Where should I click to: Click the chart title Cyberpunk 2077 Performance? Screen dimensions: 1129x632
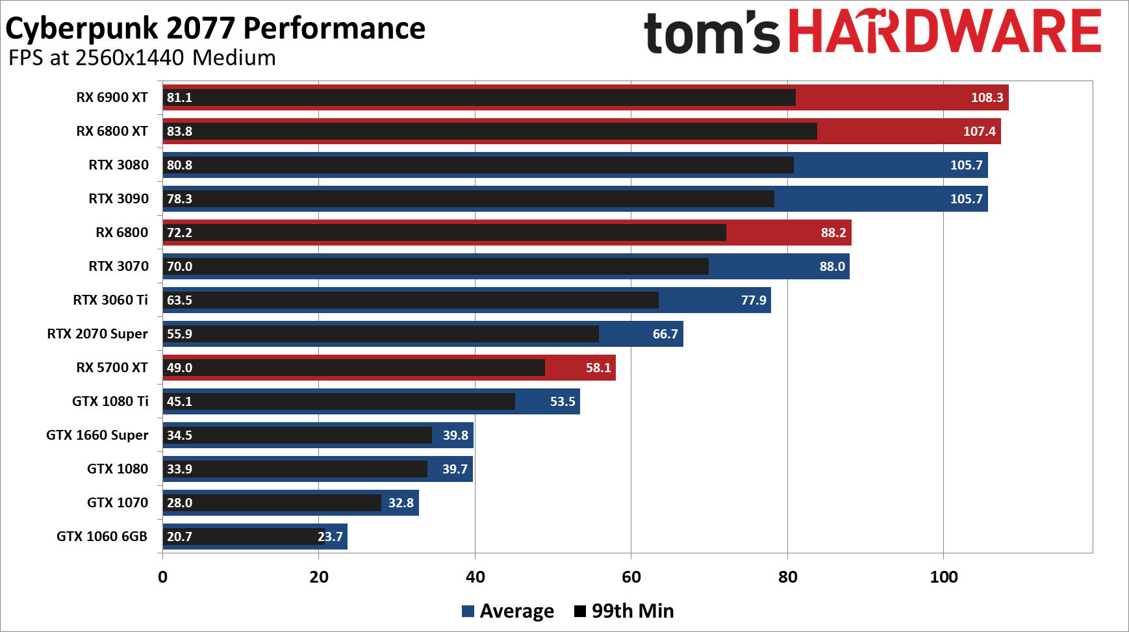pyautogui.click(x=215, y=29)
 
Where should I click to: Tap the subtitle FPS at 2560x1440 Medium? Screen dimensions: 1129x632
pyautogui.click(x=142, y=58)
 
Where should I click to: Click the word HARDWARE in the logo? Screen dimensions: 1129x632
pyautogui.click(x=945, y=31)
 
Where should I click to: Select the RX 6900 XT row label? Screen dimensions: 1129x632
pyautogui.click(x=112, y=97)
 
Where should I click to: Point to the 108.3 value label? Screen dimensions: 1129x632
pyautogui.click(x=987, y=97)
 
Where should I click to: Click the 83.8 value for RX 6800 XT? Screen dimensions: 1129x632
pyautogui.click(x=179, y=131)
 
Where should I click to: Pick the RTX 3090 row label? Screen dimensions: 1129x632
pyautogui.click(x=119, y=199)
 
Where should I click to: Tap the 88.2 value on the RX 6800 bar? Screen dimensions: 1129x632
pyautogui.click(x=833, y=233)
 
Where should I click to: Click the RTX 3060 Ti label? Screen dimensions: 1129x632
pyautogui.click(x=110, y=300)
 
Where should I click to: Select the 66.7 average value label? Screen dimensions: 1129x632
pyautogui.click(x=665, y=334)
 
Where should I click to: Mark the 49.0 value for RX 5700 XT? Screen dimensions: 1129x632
pyautogui.click(x=179, y=368)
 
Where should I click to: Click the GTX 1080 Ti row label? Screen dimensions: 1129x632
pyautogui.click(x=110, y=401)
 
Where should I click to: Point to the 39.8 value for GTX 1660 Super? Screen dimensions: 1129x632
pyautogui.click(x=455, y=435)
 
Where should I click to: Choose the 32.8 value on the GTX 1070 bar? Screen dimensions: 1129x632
pyautogui.click(x=401, y=503)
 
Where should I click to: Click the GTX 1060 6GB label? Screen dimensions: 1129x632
pyautogui.click(x=102, y=537)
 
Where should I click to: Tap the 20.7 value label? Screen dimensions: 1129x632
pyautogui.click(x=179, y=537)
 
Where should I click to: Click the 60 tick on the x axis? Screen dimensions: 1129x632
pyautogui.click(x=631, y=577)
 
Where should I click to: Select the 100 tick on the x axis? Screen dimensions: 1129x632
pyautogui.click(x=944, y=577)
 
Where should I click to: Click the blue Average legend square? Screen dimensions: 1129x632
pyautogui.click(x=468, y=611)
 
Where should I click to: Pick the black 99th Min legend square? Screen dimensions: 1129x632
pyautogui.click(x=580, y=611)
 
